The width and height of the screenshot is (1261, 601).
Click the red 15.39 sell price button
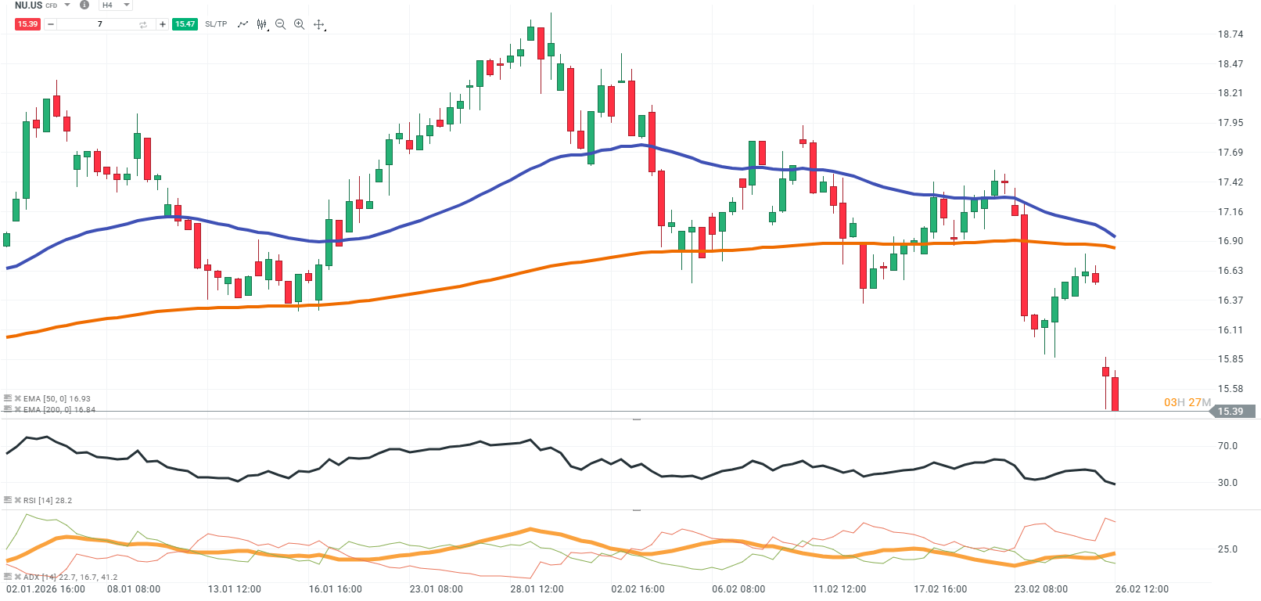coord(27,24)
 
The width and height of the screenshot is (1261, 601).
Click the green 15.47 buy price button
coord(185,24)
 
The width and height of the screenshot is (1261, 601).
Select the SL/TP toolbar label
coord(216,24)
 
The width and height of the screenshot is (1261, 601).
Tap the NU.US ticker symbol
coord(29,5)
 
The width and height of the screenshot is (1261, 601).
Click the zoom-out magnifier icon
coord(280,24)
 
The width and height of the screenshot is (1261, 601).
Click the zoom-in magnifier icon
coord(299,24)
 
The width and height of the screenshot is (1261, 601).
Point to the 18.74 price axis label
coord(1230,34)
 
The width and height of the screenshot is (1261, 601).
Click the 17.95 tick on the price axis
coord(1230,123)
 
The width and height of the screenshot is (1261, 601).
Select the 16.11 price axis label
coord(1230,330)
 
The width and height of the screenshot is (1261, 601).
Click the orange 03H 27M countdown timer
coord(1187,402)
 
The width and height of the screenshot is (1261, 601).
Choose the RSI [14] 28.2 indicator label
coord(47,500)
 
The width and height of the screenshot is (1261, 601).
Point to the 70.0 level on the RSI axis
coord(1227,446)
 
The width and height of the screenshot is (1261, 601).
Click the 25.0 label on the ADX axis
coord(1227,549)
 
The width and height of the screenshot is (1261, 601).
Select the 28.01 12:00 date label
coord(537,589)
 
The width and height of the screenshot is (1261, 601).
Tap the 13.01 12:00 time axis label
coord(234,589)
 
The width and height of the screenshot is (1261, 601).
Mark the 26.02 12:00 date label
coord(1141,589)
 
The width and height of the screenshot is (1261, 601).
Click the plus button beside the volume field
coord(163,24)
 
